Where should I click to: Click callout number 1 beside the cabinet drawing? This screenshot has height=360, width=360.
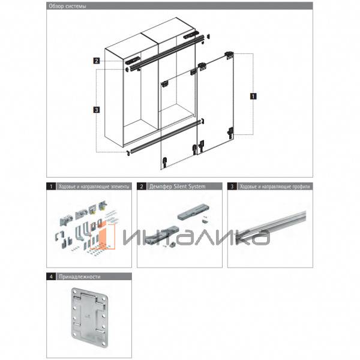[x=254, y=95]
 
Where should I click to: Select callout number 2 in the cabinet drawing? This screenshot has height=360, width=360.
[x=96, y=61]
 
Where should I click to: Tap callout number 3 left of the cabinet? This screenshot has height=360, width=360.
[x=96, y=109]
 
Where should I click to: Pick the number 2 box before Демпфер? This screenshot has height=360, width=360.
[x=142, y=187]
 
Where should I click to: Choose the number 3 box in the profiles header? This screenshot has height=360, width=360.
[x=232, y=187]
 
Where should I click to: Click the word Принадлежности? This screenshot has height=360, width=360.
[x=80, y=277]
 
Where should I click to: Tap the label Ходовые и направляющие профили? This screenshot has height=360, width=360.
[x=274, y=187]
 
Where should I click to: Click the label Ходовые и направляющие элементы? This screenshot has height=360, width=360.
[x=93, y=187]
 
